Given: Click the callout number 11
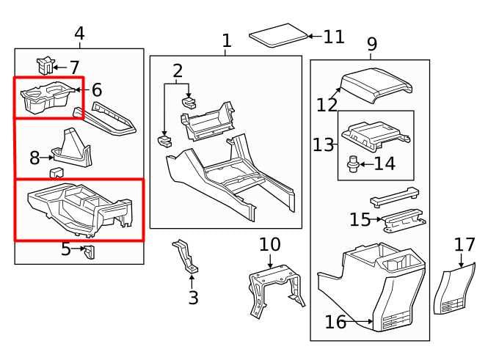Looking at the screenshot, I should pyautogui.click(x=333, y=37).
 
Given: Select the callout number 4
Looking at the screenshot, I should pyautogui.click(x=79, y=34).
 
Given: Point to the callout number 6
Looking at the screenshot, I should pyautogui.click(x=96, y=91).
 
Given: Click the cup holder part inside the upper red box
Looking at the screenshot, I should pyautogui.click(x=44, y=98).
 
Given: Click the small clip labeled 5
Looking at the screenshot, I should pyautogui.click(x=90, y=251).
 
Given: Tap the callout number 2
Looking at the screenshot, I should pyautogui.click(x=178, y=71).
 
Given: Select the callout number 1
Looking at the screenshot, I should pyautogui.click(x=227, y=41).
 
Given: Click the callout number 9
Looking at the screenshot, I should pyautogui.click(x=372, y=45).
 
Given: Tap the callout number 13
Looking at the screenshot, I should pyautogui.click(x=322, y=144).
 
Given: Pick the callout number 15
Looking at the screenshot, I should pyautogui.click(x=360, y=219).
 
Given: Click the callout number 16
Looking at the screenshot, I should pyautogui.click(x=335, y=321).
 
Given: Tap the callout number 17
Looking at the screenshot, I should pyautogui.click(x=465, y=244).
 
